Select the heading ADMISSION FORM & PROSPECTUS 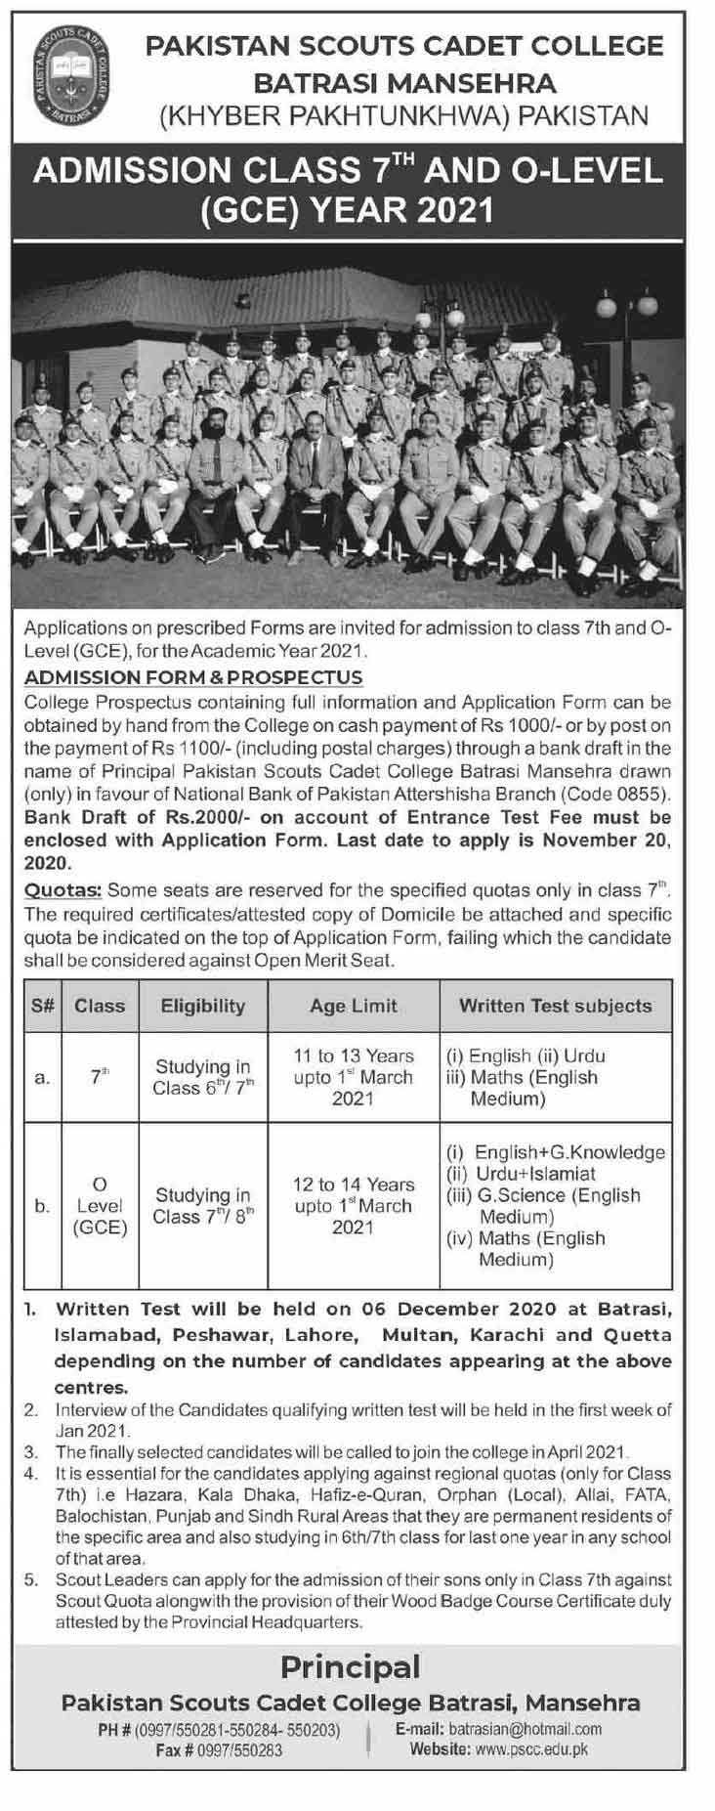tap(193, 676)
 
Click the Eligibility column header tap(202, 1005)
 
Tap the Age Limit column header tap(354, 1005)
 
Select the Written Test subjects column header tap(555, 1005)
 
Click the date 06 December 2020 tap(459, 1309)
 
